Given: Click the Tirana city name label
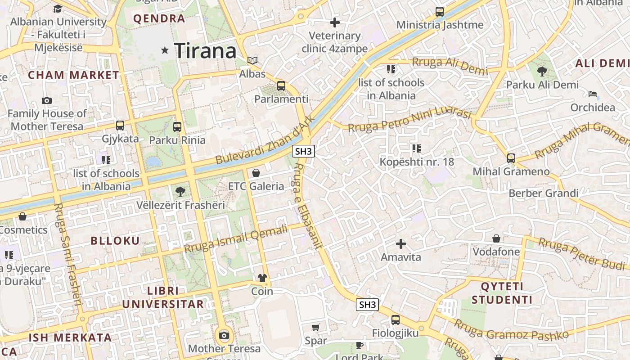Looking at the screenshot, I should point(205,50).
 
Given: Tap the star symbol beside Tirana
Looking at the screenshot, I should point(165,50).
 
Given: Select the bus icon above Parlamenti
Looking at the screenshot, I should point(281,85).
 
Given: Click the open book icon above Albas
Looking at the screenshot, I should point(252,60).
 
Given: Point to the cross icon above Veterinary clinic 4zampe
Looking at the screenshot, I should point(335,22).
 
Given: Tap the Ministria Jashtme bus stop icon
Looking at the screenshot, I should point(440,12).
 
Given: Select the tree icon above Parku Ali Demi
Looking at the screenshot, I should point(542,71).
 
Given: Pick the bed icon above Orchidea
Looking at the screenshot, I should point(593,94).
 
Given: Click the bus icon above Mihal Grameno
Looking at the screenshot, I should point(511,158).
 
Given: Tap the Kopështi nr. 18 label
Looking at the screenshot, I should point(417,162).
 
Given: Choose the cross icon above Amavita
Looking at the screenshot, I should point(400,244).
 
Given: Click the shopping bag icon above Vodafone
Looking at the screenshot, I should point(496,238).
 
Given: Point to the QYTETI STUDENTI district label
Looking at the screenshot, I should point(502,293).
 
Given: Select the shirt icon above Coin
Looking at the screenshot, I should point(262,278).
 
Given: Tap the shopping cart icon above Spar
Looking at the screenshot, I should point(316,327).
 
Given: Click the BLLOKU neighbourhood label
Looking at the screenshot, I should point(115,241).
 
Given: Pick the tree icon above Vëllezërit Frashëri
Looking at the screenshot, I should point(180,192).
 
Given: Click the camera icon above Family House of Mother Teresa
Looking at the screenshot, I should point(47,100).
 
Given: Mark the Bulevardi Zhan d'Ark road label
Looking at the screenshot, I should point(263,140).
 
